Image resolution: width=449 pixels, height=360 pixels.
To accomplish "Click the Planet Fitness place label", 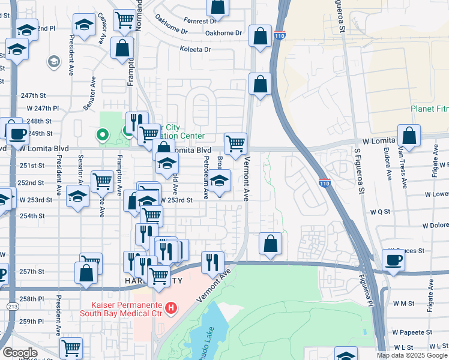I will tap(429, 109).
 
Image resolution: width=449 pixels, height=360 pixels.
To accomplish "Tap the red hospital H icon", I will tap(171, 308).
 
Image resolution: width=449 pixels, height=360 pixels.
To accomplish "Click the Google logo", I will tap(20, 353).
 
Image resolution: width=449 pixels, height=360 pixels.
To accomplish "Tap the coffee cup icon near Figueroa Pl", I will tap(393, 260).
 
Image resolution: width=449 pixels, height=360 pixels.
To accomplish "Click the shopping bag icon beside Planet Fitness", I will tap(409, 136).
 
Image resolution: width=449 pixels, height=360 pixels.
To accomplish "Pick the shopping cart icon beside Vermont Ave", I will tap(235, 143).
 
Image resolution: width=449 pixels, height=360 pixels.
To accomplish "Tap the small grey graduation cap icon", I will tap(54, 61).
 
